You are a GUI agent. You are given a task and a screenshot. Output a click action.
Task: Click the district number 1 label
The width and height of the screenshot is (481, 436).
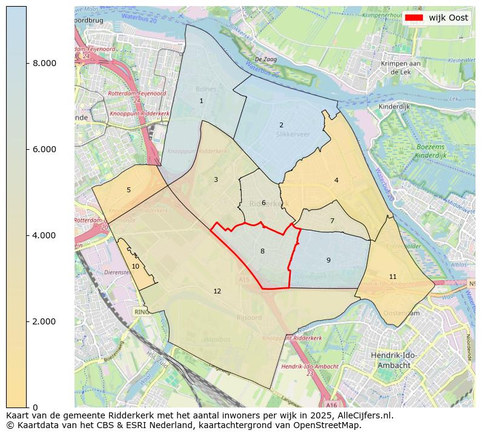(x=201, y=101)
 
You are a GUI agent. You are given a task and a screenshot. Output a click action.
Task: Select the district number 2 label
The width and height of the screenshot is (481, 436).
(x=281, y=125)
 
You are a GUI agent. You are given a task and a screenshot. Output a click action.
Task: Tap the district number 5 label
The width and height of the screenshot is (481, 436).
(x=128, y=190)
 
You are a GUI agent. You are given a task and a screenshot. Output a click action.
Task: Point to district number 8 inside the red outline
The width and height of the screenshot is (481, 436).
(x=262, y=251)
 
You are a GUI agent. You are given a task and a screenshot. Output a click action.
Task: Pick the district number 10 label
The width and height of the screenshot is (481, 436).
(x=135, y=266)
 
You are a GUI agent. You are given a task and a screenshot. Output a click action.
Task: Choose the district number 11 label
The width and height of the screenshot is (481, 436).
(x=393, y=277)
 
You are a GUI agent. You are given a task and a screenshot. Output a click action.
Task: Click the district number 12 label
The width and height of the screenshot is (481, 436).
(x=217, y=291)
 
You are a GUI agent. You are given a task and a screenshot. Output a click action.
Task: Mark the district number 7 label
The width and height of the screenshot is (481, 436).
(x=332, y=221)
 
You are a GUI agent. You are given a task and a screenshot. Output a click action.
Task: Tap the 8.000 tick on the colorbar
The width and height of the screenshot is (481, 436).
(x=45, y=63)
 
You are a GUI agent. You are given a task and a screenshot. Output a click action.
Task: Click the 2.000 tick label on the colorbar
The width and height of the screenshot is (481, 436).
(x=45, y=321)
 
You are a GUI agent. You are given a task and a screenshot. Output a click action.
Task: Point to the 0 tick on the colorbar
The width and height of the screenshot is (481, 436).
(x=36, y=407)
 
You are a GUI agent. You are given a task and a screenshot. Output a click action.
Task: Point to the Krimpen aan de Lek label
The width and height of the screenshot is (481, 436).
(x=397, y=67)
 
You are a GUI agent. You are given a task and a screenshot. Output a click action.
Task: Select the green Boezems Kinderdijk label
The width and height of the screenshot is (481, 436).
(x=431, y=152)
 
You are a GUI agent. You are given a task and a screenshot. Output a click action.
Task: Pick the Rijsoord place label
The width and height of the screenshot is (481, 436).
(x=248, y=317)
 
